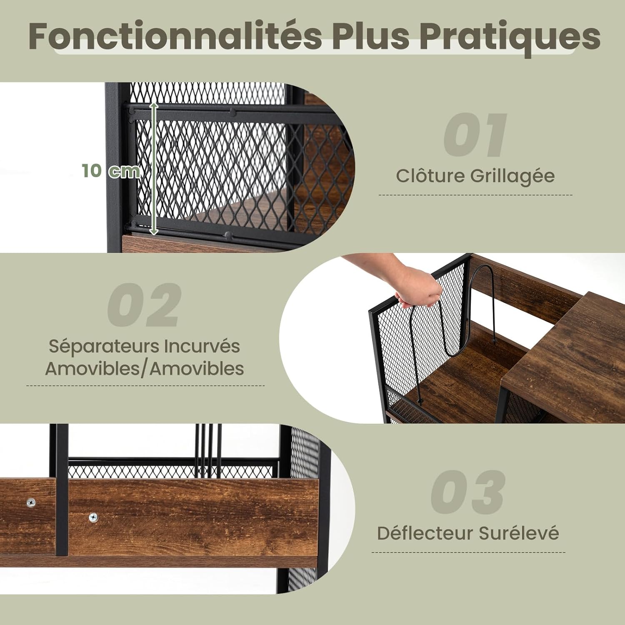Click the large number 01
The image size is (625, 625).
point(475,135)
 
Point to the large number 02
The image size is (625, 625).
point(144,305)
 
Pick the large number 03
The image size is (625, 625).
point(468,492)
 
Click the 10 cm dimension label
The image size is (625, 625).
point(111,171)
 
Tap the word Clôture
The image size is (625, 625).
point(430,175)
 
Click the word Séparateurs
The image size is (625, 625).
point(104,347)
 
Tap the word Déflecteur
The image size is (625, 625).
point(425,533)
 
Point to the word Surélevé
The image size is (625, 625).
point(519,533)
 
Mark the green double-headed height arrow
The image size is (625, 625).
point(154,169)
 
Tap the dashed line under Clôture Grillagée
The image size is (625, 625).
point(475,195)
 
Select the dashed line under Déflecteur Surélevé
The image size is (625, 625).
point(468,552)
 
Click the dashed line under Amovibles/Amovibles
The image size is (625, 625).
point(145,385)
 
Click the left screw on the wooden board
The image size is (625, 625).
point(31,503)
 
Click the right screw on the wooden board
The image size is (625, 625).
point(93,517)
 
